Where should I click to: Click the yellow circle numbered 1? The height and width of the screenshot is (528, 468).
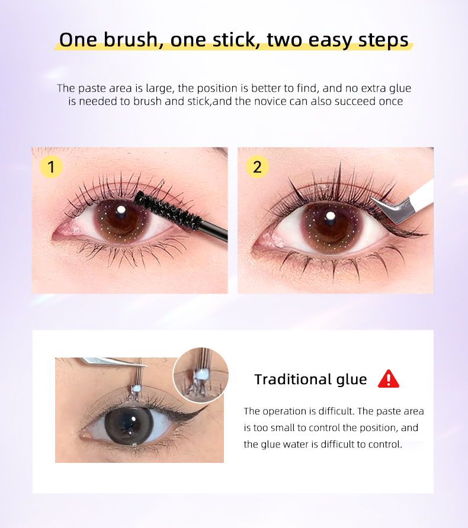coord(51,167)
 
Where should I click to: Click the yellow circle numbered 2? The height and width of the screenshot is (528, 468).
coord(257,167)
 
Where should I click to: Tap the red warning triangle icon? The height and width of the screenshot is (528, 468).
coord(389,379)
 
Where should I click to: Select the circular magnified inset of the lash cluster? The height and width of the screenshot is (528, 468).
coord(200,375)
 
